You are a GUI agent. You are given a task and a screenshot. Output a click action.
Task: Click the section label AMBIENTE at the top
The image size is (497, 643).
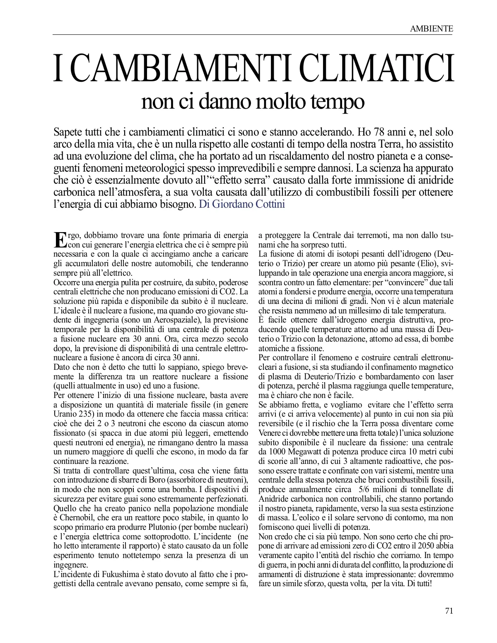(431, 29)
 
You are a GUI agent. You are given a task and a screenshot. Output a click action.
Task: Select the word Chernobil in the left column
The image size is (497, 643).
(78, 518)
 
